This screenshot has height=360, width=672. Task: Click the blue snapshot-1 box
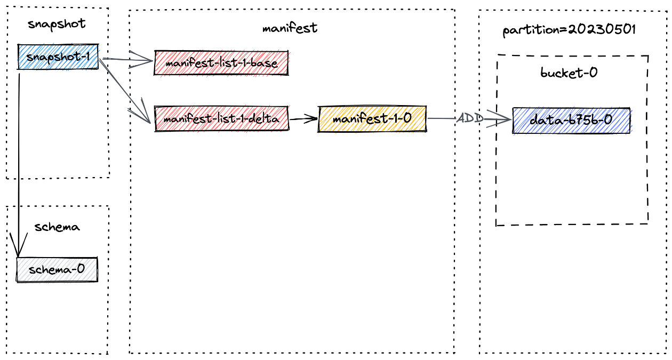coord(58,57)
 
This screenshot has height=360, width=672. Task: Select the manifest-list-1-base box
coord(221,63)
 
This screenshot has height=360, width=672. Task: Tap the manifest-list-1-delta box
coord(221,119)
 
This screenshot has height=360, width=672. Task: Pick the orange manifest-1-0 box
coord(372,118)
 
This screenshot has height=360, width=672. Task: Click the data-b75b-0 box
coord(571,121)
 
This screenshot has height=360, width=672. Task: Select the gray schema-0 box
coord(57,269)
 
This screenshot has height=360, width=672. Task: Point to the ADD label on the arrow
coord(470,118)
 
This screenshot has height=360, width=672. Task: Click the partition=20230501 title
coord(569,30)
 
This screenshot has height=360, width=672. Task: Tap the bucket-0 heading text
coord(569,73)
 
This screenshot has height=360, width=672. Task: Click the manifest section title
coord(290,28)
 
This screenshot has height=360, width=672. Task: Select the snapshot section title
coord(57,24)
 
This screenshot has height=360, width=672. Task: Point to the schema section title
coord(57,227)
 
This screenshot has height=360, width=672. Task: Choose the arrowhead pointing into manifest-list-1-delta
coord(145,116)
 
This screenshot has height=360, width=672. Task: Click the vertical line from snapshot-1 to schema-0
coord(19,160)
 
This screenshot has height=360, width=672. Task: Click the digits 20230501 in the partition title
coord(602,30)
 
